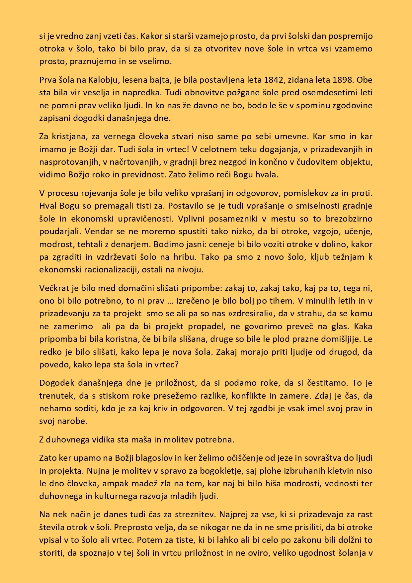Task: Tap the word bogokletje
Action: (188, 471)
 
